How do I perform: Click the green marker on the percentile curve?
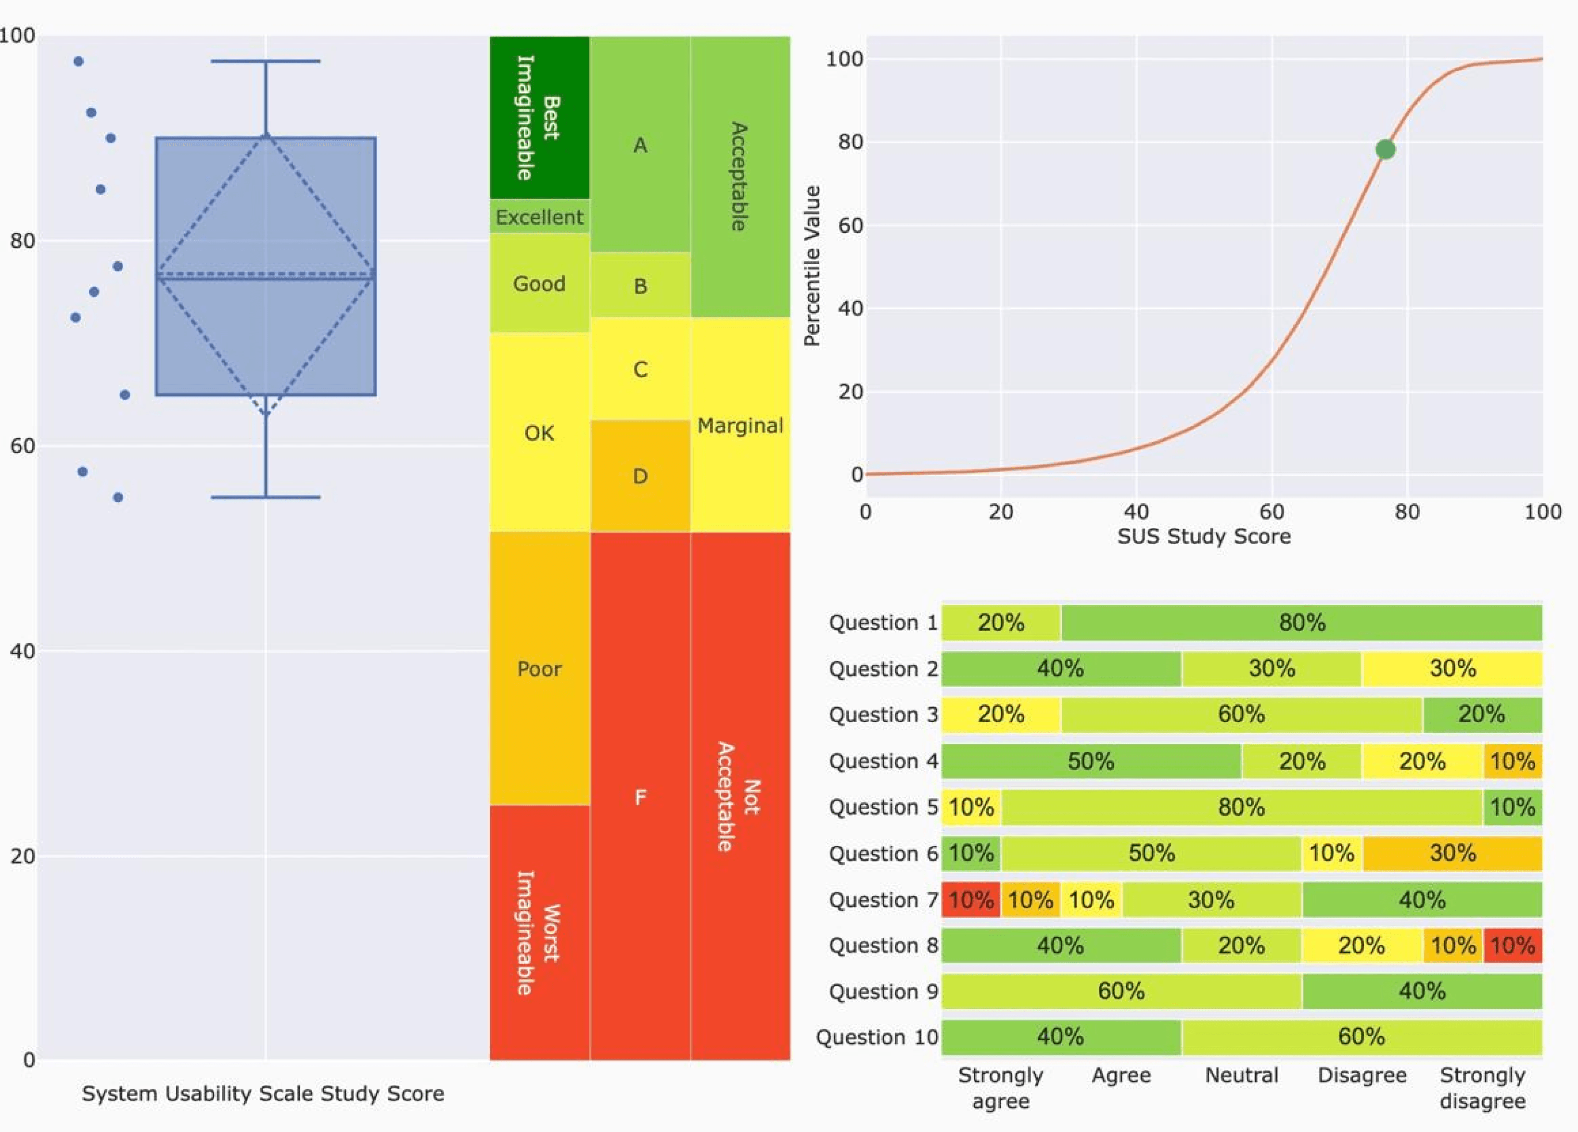(1385, 150)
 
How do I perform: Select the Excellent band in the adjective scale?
(539, 217)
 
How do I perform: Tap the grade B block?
(640, 285)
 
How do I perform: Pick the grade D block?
(640, 476)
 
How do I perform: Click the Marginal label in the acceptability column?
(740, 425)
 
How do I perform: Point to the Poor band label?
(539, 669)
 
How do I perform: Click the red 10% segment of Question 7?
(970, 900)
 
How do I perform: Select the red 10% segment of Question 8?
(1513, 945)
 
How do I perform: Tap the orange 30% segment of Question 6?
(1452, 853)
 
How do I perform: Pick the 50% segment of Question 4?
(1091, 761)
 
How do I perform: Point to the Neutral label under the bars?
(1241, 1076)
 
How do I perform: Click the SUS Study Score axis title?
(1204, 536)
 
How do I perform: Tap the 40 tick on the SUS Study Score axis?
(1136, 512)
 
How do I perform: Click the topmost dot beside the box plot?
(78, 61)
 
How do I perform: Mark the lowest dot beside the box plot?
(118, 497)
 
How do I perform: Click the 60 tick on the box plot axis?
(22, 446)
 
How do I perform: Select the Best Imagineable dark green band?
(539, 117)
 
